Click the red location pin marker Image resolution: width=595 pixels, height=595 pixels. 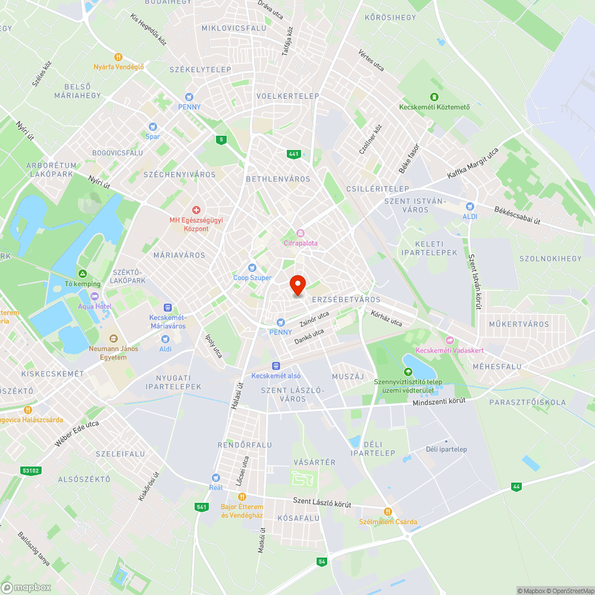(297, 286)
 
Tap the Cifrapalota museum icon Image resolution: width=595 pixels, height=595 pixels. (300, 233)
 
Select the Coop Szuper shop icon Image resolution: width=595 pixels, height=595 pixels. (252, 268)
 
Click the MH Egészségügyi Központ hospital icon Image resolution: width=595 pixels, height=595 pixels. (196, 210)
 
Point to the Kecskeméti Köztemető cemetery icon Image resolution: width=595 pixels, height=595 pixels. (434, 97)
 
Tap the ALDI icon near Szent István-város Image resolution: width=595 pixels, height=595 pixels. (470, 206)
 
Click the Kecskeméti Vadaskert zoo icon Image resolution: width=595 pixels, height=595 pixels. (450, 340)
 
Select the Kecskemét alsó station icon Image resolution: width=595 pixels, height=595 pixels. (275, 366)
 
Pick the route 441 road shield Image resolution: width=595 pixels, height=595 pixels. (293, 154)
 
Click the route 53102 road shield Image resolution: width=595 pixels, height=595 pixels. (30, 470)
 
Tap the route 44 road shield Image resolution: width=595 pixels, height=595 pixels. (516, 487)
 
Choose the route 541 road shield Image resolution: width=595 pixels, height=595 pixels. (201, 507)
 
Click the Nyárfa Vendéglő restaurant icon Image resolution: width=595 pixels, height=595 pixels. (118, 57)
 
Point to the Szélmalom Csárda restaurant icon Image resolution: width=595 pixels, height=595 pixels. (387, 511)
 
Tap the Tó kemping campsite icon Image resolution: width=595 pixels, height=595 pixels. (83, 274)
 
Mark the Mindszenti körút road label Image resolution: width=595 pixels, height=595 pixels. (439, 403)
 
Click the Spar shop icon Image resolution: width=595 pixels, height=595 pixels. (153, 126)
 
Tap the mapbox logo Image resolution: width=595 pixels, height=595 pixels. (26, 587)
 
